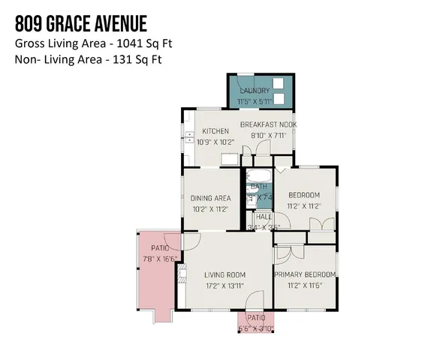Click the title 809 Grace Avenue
click(81, 24)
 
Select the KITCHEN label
click(215, 131)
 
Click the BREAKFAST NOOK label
click(268, 124)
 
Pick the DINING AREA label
click(209, 198)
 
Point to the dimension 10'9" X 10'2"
click(215, 141)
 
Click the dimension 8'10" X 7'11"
click(268, 136)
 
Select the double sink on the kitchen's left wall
click(186, 139)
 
